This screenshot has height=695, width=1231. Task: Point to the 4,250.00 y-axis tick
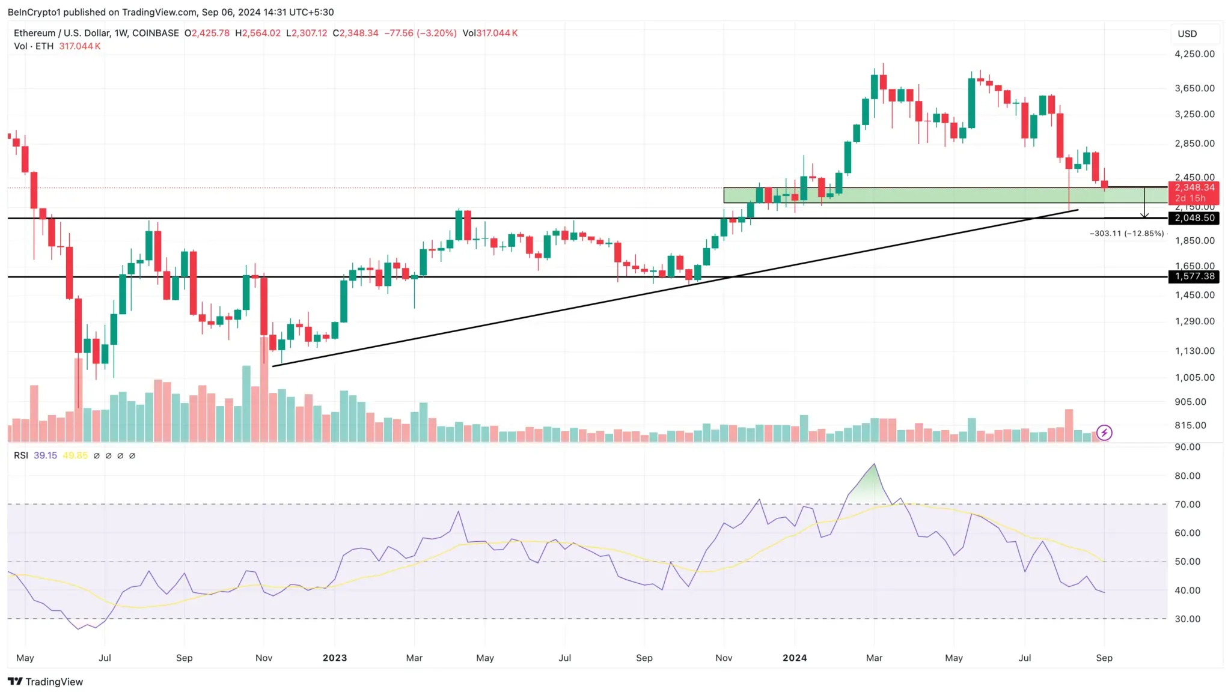pyautogui.click(x=1194, y=54)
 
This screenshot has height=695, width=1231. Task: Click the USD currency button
pyautogui.click(x=1187, y=34)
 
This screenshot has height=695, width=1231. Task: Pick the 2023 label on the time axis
pyautogui.click(x=335, y=658)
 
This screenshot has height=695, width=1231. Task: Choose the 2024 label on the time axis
pyautogui.click(x=795, y=658)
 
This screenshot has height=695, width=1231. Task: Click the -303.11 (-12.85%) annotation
pyautogui.click(x=1126, y=234)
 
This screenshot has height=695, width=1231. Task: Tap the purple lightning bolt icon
pyautogui.click(x=1104, y=432)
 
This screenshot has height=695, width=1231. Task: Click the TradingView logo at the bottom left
pyautogui.click(x=46, y=681)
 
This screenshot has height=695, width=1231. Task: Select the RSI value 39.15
pyautogui.click(x=45, y=455)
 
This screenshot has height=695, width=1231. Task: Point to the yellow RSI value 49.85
pyautogui.click(x=75, y=455)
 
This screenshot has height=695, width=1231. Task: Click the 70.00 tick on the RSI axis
pyautogui.click(x=1187, y=505)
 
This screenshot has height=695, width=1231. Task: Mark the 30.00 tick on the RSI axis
pyautogui.click(x=1187, y=619)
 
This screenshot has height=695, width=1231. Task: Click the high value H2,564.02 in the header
pyautogui.click(x=258, y=33)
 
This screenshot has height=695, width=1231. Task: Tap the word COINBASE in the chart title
pyautogui.click(x=155, y=33)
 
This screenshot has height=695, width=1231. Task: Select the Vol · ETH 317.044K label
pyautogui.click(x=57, y=46)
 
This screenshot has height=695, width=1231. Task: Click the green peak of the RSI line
pyautogui.click(x=874, y=465)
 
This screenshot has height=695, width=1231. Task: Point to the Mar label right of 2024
pyautogui.click(x=874, y=658)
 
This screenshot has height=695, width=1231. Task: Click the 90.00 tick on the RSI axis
pyautogui.click(x=1187, y=447)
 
